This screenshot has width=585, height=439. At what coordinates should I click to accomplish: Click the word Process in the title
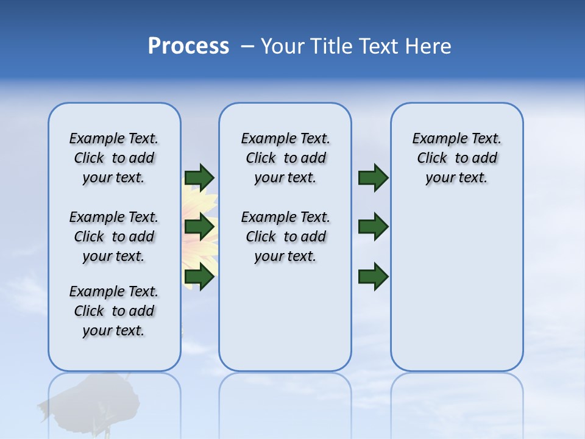(x=188, y=46)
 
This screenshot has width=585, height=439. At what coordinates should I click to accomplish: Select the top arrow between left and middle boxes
(x=199, y=177)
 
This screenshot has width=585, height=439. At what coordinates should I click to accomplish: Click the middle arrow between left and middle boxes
(x=199, y=227)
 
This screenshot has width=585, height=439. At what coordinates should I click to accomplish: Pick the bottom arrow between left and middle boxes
(x=199, y=277)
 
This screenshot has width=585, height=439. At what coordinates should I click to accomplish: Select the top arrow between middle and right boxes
(x=373, y=177)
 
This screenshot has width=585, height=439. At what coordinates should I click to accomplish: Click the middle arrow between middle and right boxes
(x=373, y=227)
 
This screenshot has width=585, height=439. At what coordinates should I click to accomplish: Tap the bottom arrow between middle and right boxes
(x=373, y=277)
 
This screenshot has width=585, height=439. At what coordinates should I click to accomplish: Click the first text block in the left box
(x=114, y=158)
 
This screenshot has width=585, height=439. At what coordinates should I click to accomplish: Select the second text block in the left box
(x=114, y=237)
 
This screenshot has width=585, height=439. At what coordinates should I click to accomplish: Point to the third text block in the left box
(x=114, y=311)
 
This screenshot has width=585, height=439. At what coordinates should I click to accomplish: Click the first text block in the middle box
(x=285, y=158)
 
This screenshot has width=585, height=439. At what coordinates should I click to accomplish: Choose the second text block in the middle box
(x=285, y=237)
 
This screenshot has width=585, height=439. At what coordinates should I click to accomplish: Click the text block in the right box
(x=456, y=158)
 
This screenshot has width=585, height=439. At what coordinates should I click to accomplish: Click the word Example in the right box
(x=435, y=139)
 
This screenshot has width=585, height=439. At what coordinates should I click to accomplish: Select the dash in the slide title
(x=247, y=46)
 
